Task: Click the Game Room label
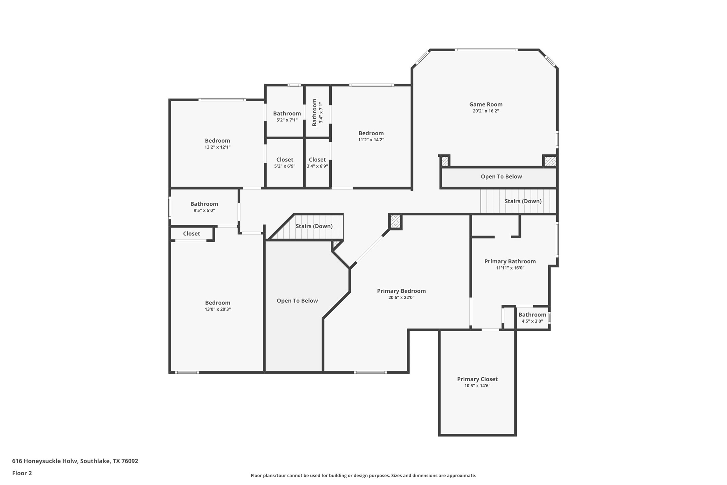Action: [x=486, y=105]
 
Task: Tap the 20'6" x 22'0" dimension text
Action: [x=401, y=297]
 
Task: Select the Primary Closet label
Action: [x=477, y=379]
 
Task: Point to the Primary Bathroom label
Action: [x=510, y=261]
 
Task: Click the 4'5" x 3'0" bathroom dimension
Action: [x=532, y=321]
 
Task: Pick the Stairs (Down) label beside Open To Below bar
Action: [x=523, y=201]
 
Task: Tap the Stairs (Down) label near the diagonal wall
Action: [x=314, y=226]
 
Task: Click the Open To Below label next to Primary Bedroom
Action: [x=297, y=301]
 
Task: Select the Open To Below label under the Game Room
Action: [x=501, y=177]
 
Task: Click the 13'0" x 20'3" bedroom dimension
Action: [x=218, y=309]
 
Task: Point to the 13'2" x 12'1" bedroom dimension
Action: [x=218, y=147]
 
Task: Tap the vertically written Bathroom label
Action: [x=314, y=113]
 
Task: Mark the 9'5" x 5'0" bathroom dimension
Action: [x=204, y=210]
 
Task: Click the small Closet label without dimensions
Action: [x=191, y=233]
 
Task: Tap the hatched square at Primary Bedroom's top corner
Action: [x=395, y=221]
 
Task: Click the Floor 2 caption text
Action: [x=22, y=473]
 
